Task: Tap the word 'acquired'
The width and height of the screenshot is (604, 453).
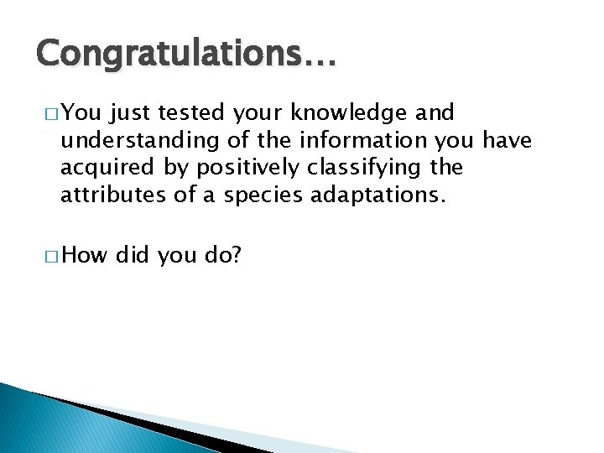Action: [x=108, y=169]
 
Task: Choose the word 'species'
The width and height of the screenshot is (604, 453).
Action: [x=257, y=196]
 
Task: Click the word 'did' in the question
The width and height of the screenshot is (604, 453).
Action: [x=132, y=255]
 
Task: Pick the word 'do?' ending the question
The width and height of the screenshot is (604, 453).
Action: [x=222, y=255]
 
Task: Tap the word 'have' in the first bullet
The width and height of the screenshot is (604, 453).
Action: [x=507, y=141]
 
